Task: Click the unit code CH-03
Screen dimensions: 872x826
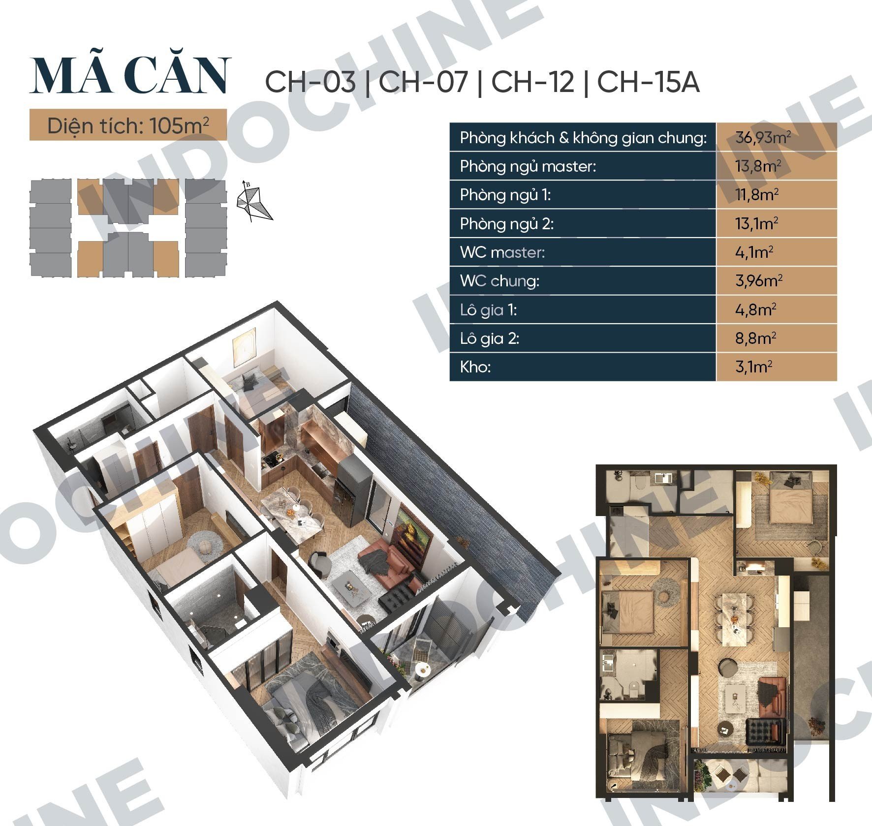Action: click(x=310, y=82)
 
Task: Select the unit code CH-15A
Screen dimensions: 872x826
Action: click(x=648, y=82)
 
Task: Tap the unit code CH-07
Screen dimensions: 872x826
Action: click(x=423, y=82)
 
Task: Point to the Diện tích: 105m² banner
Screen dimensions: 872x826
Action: click(x=128, y=125)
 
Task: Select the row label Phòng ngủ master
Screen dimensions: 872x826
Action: click(x=528, y=166)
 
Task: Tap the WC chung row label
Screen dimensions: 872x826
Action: click(x=500, y=280)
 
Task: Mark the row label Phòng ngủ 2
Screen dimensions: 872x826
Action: click(x=507, y=224)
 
